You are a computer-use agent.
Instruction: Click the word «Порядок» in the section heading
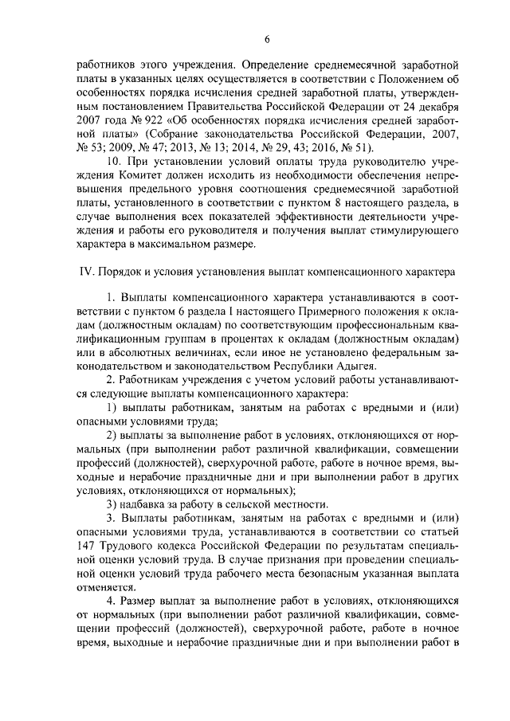120,272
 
